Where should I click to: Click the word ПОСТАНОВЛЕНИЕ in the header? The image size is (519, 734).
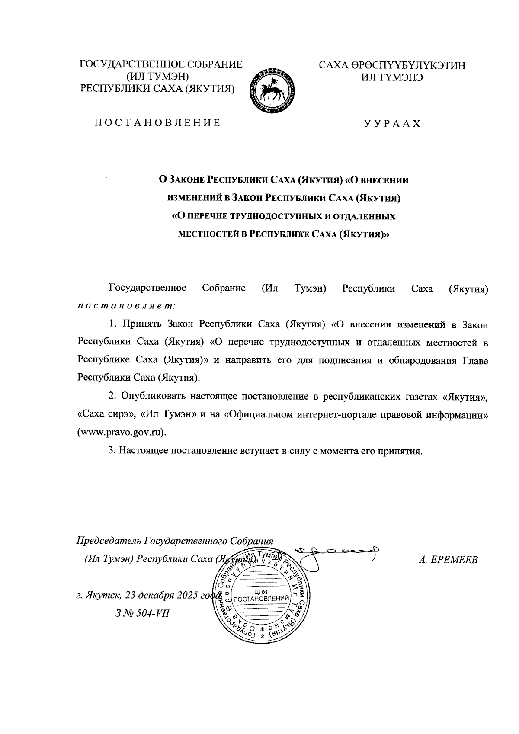pos(158,123)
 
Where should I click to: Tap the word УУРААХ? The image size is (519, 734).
pos(392,124)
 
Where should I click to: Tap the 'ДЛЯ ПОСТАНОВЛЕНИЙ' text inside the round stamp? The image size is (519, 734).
pos(261,596)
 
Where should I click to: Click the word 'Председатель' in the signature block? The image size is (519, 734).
pos(109,541)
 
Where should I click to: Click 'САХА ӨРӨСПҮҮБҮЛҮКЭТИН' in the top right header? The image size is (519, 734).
pos(392,65)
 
